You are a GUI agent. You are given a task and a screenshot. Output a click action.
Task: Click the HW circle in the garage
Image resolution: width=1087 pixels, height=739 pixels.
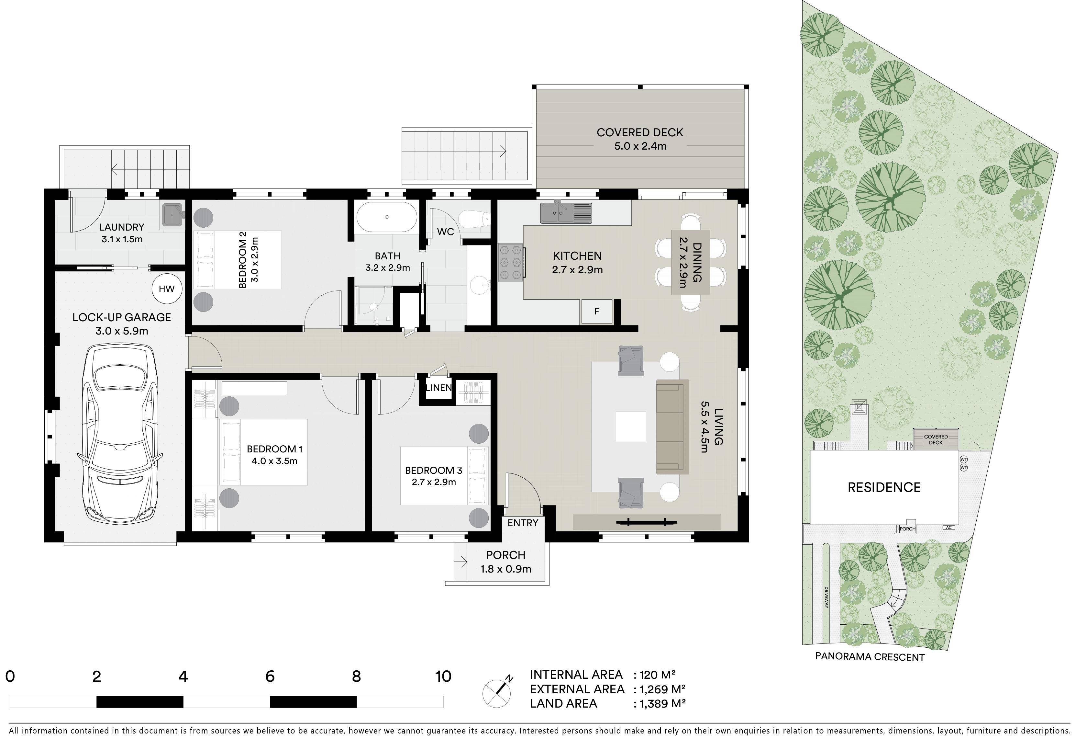[x=167, y=289]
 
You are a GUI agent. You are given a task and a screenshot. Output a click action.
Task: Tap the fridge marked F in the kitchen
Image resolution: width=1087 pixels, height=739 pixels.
[x=596, y=311]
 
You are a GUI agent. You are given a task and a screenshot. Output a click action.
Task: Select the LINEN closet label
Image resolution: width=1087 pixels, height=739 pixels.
[x=438, y=388]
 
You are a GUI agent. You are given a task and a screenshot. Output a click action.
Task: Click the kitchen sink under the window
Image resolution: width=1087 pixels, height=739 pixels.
[x=565, y=213]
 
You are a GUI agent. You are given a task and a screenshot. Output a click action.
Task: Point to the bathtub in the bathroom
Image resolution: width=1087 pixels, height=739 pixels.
[x=386, y=217]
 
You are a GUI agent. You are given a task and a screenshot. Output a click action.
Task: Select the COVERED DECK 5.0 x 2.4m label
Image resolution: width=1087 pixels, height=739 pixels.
[x=640, y=139]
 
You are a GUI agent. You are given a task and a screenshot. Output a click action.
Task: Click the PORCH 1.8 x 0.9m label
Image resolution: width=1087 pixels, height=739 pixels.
[x=505, y=562]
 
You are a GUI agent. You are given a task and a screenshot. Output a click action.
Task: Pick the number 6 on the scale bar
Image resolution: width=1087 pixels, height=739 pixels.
[x=270, y=676]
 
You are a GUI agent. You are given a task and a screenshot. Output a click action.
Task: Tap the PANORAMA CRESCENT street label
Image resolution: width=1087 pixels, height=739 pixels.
[x=870, y=657]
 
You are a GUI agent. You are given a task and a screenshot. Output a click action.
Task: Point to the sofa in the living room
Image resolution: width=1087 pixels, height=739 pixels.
[x=672, y=427]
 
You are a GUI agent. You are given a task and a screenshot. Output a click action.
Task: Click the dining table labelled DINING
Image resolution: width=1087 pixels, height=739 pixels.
[x=690, y=262]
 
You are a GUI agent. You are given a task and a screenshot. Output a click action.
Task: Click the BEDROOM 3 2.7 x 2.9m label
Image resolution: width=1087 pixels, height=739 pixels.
[x=434, y=476]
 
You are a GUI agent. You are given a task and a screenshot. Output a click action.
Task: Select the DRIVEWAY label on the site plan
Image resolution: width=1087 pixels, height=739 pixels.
[x=826, y=597]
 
